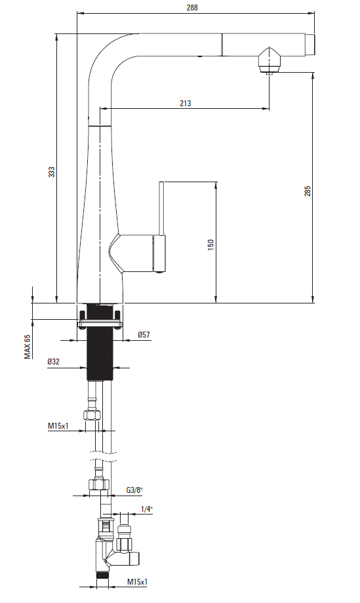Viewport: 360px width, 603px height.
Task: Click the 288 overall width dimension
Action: coord(192,7)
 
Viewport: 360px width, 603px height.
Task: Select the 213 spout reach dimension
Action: coord(185,103)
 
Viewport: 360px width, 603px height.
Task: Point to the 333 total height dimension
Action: coord(51,172)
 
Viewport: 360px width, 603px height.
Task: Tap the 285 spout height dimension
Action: coord(308,191)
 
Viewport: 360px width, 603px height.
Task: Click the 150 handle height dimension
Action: coord(210,245)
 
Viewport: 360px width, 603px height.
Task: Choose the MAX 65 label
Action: coord(28,347)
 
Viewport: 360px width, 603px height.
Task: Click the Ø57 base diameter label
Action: coord(144,334)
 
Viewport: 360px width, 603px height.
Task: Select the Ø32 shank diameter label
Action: coord(54,362)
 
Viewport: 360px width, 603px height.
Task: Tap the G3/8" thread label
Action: coord(134,490)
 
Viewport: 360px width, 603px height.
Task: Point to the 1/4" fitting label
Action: coord(146,509)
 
